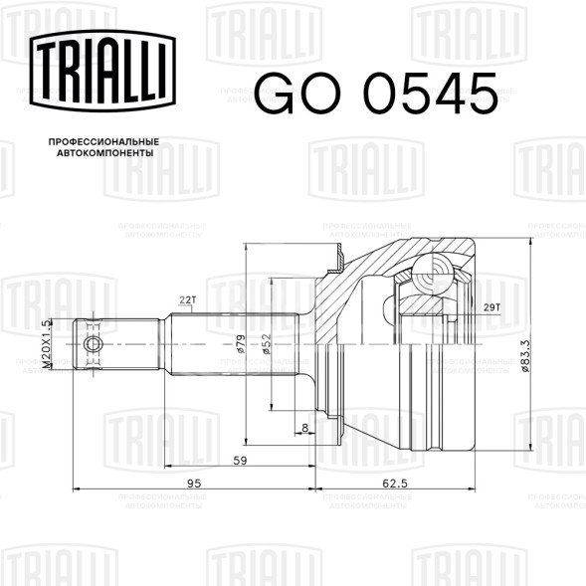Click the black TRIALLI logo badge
pyautogui.click(x=102, y=71)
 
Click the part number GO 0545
pyautogui.click(x=376, y=94)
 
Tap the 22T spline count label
pyautogui.click(x=188, y=300)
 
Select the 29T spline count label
pyautogui.click(x=491, y=307)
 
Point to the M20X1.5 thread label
pyautogui.click(x=47, y=344)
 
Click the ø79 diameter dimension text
pyautogui.click(x=241, y=344)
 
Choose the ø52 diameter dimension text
pyautogui.click(x=266, y=344)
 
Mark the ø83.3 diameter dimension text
pyautogui.click(x=524, y=356)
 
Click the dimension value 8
pyautogui.click(x=305, y=428)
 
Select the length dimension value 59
pyautogui.click(x=240, y=461)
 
